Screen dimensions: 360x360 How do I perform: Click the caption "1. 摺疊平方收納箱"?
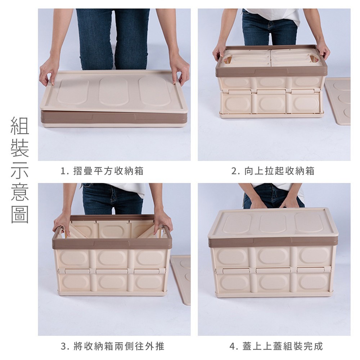pos(102,171)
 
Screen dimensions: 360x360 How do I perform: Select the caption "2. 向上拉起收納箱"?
pos(273,171)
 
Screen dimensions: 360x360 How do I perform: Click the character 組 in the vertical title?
pos(20,126)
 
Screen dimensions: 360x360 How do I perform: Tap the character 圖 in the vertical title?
pos(20,215)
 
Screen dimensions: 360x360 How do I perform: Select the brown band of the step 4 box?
pos(273,243)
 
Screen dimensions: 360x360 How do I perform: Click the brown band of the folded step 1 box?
pos(114,118)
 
